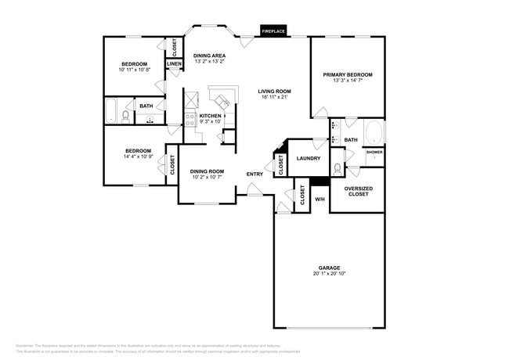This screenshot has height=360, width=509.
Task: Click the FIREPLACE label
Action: tap(273, 31)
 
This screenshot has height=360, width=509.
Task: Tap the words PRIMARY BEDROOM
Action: tap(348, 75)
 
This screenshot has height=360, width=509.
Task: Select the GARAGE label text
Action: tap(329, 268)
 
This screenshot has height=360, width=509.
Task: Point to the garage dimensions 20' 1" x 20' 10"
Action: tap(329, 274)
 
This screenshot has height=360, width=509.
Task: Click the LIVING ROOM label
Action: tap(274, 92)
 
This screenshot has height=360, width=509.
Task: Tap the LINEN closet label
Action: tap(174, 64)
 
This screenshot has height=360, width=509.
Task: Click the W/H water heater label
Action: tap(319, 200)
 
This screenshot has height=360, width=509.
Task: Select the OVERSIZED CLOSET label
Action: tap(359, 192)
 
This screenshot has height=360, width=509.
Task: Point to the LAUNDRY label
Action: tap(308, 159)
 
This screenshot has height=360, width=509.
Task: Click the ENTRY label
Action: tap(255, 174)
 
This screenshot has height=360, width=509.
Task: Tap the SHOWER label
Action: tap(374, 152)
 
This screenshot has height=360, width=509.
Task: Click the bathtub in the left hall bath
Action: tap(111, 111)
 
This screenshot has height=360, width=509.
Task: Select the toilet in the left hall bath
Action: tap(125, 117)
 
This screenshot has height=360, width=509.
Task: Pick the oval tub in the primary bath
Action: tap(372, 131)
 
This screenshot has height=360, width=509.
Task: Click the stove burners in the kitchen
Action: tap(190, 120)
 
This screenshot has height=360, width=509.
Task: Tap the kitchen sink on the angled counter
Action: tap(224, 99)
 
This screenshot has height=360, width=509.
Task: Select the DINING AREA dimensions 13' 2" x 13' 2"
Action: tap(210, 62)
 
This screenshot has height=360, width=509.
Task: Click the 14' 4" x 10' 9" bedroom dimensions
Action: tap(136, 157)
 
